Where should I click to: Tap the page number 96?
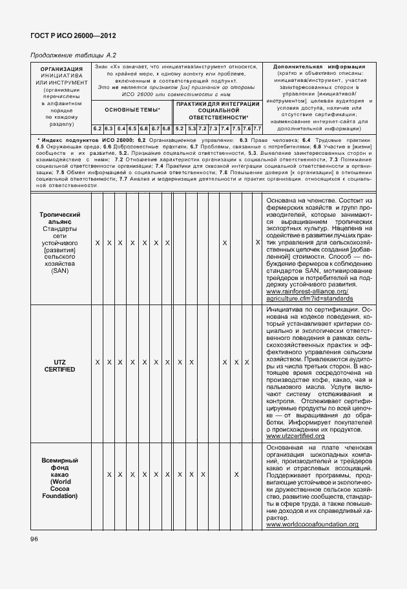pos(33,539)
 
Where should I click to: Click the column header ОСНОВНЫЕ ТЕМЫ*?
pos(132,110)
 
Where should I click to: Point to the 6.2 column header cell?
pos(97,128)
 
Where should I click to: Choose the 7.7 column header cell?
pos(256,128)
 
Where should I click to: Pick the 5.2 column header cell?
pos(180,128)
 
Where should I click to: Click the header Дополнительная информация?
pos(319,66)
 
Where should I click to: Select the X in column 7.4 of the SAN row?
pos(224,243)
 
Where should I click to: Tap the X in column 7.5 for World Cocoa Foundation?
pos(236,475)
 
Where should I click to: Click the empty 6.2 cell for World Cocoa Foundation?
pos(97,475)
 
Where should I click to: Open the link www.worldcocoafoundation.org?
pos(312,525)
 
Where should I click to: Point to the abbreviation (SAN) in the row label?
pos(59,271)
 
